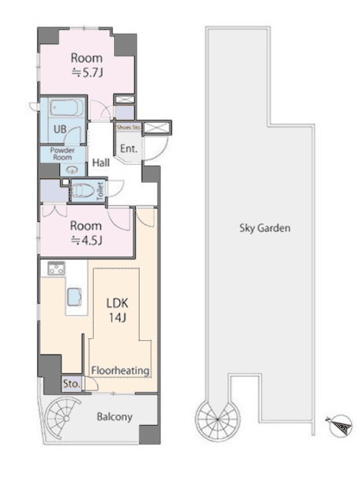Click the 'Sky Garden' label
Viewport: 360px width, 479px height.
(x=265, y=228)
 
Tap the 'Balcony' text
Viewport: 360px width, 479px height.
(x=115, y=417)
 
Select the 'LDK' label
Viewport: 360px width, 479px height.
(x=117, y=303)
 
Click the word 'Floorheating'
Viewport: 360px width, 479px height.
(x=121, y=370)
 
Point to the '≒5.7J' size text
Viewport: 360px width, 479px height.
(x=87, y=73)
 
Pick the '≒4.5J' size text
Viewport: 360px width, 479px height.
(x=86, y=241)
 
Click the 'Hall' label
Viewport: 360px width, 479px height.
(x=100, y=163)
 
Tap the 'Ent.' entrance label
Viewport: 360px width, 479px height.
(x=129, y=148)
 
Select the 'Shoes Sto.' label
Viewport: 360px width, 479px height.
(x=128, y=127)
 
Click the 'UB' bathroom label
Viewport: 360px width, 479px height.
(x=60, y=129)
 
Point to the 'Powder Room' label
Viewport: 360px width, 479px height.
(x=62, y=154)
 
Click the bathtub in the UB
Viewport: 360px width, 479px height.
(x=66, y=107)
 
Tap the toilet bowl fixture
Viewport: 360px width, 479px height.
(x=82, y=190)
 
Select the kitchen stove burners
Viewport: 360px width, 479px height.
(x=56, y=268)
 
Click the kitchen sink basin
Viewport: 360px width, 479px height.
(x=75, y=297)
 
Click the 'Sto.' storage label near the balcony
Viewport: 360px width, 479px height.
(x=71, y=384)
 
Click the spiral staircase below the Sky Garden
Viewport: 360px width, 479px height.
(x=217, y=420)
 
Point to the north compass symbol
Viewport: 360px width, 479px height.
(x=340, y=424)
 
